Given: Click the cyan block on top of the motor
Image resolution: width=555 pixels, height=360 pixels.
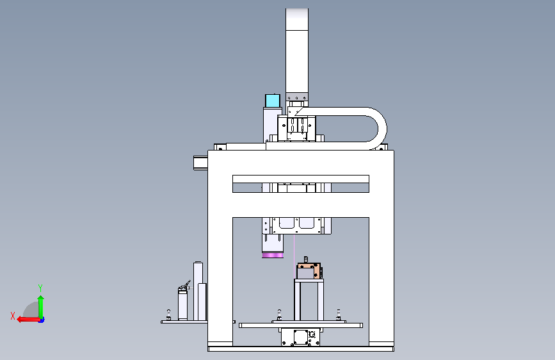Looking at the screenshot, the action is (x=273, y=101).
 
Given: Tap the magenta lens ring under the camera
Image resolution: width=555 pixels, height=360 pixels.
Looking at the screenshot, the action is (x=273, y=256).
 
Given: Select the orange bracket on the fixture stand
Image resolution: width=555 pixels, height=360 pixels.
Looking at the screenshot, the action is (x=309, y=271).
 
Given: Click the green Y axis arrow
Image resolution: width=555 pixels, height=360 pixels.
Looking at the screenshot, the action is (x=41, y=307).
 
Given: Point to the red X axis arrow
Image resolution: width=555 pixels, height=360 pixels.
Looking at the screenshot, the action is (x=28, y=320).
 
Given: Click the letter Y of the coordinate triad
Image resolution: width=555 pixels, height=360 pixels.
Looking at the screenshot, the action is (x=40, y=288).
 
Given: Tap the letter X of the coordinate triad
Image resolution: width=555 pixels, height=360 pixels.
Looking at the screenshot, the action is (x=13, y=316).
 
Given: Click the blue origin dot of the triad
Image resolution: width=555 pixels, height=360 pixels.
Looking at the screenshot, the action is (x=42, y=320).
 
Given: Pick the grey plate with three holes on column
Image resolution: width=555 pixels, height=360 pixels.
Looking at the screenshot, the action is (x=297, y=97).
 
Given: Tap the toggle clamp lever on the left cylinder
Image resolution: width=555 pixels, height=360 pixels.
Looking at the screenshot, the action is (x=185, y=286).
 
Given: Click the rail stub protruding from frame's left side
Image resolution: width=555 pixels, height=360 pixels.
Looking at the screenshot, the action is (x=201, y=163).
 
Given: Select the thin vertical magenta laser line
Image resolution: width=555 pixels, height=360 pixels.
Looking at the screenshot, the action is (x=294, y=254).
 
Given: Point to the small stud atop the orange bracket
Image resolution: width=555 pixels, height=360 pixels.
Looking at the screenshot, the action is (x=306, y=259).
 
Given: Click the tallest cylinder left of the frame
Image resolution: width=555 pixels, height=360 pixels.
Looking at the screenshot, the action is (x=198, y=291).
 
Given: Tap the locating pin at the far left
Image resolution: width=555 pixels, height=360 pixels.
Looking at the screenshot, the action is (x=168, y=315).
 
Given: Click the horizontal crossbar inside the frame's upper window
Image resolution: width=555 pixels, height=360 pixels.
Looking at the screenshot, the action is (x=301, y=179).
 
